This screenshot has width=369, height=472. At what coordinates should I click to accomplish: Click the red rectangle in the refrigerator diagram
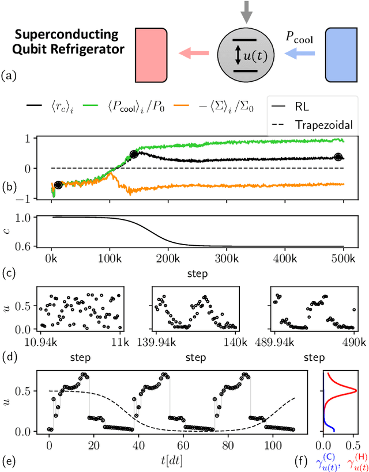[x=152, y=55]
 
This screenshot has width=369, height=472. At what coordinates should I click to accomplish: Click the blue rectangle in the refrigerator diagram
[x=341, y=55]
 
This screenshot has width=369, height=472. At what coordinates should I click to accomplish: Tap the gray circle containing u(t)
[x=246, y=55]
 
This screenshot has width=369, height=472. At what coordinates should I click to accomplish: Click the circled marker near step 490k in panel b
[x=338, y=157]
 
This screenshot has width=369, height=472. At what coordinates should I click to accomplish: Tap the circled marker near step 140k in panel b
[x=134, y=154]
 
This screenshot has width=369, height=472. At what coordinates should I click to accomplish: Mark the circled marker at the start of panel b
[x=58, y=185]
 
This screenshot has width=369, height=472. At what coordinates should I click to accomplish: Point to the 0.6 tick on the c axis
[x=24, y=246]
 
